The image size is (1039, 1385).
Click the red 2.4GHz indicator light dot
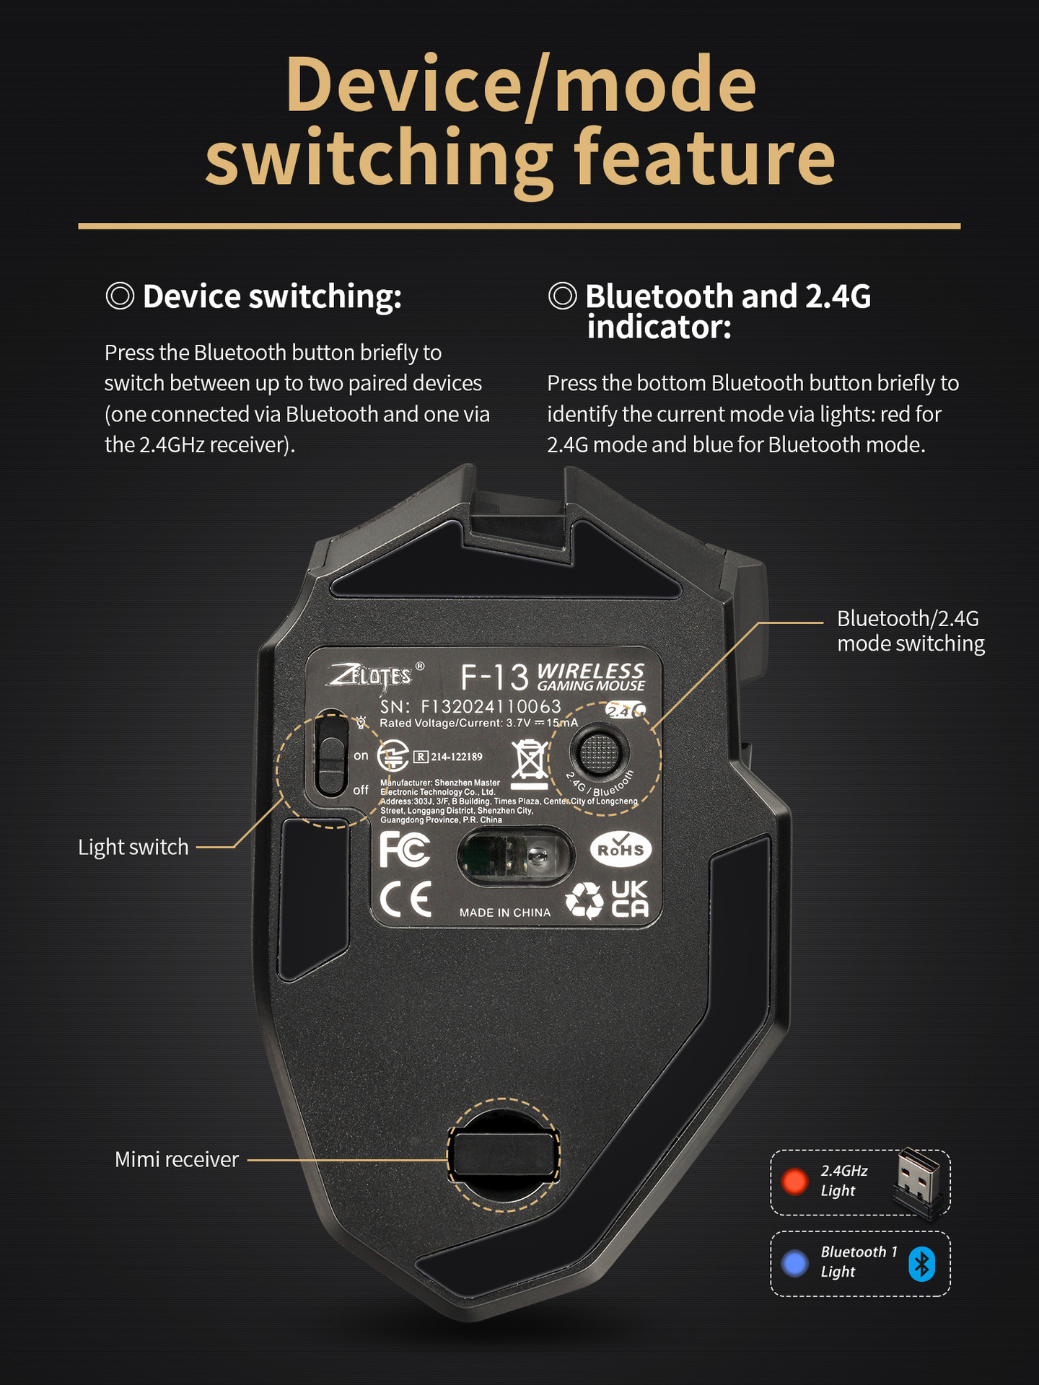[795, 1182]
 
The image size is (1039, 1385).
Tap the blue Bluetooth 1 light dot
[795, 1263]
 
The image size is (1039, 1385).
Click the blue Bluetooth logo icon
[921, 1264]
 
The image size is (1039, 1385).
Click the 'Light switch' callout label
[133, 847]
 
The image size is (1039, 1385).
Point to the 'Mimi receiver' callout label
[177, 1159]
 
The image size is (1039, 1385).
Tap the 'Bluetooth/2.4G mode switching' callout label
[910, 631]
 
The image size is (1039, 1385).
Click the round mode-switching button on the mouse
[599, 753]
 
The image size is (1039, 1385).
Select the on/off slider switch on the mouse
[332, 755]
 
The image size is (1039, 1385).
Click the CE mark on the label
[405, 899]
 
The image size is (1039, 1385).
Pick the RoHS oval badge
[621, 850]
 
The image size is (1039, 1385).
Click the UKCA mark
[630, 900]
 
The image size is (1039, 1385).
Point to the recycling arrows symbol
[584, 900]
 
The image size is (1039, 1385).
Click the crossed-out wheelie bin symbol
[530, 763]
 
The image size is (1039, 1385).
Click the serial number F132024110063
[491, 706]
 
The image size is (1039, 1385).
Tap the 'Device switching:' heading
[271, 296]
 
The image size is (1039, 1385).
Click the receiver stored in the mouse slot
[504, 1155]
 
